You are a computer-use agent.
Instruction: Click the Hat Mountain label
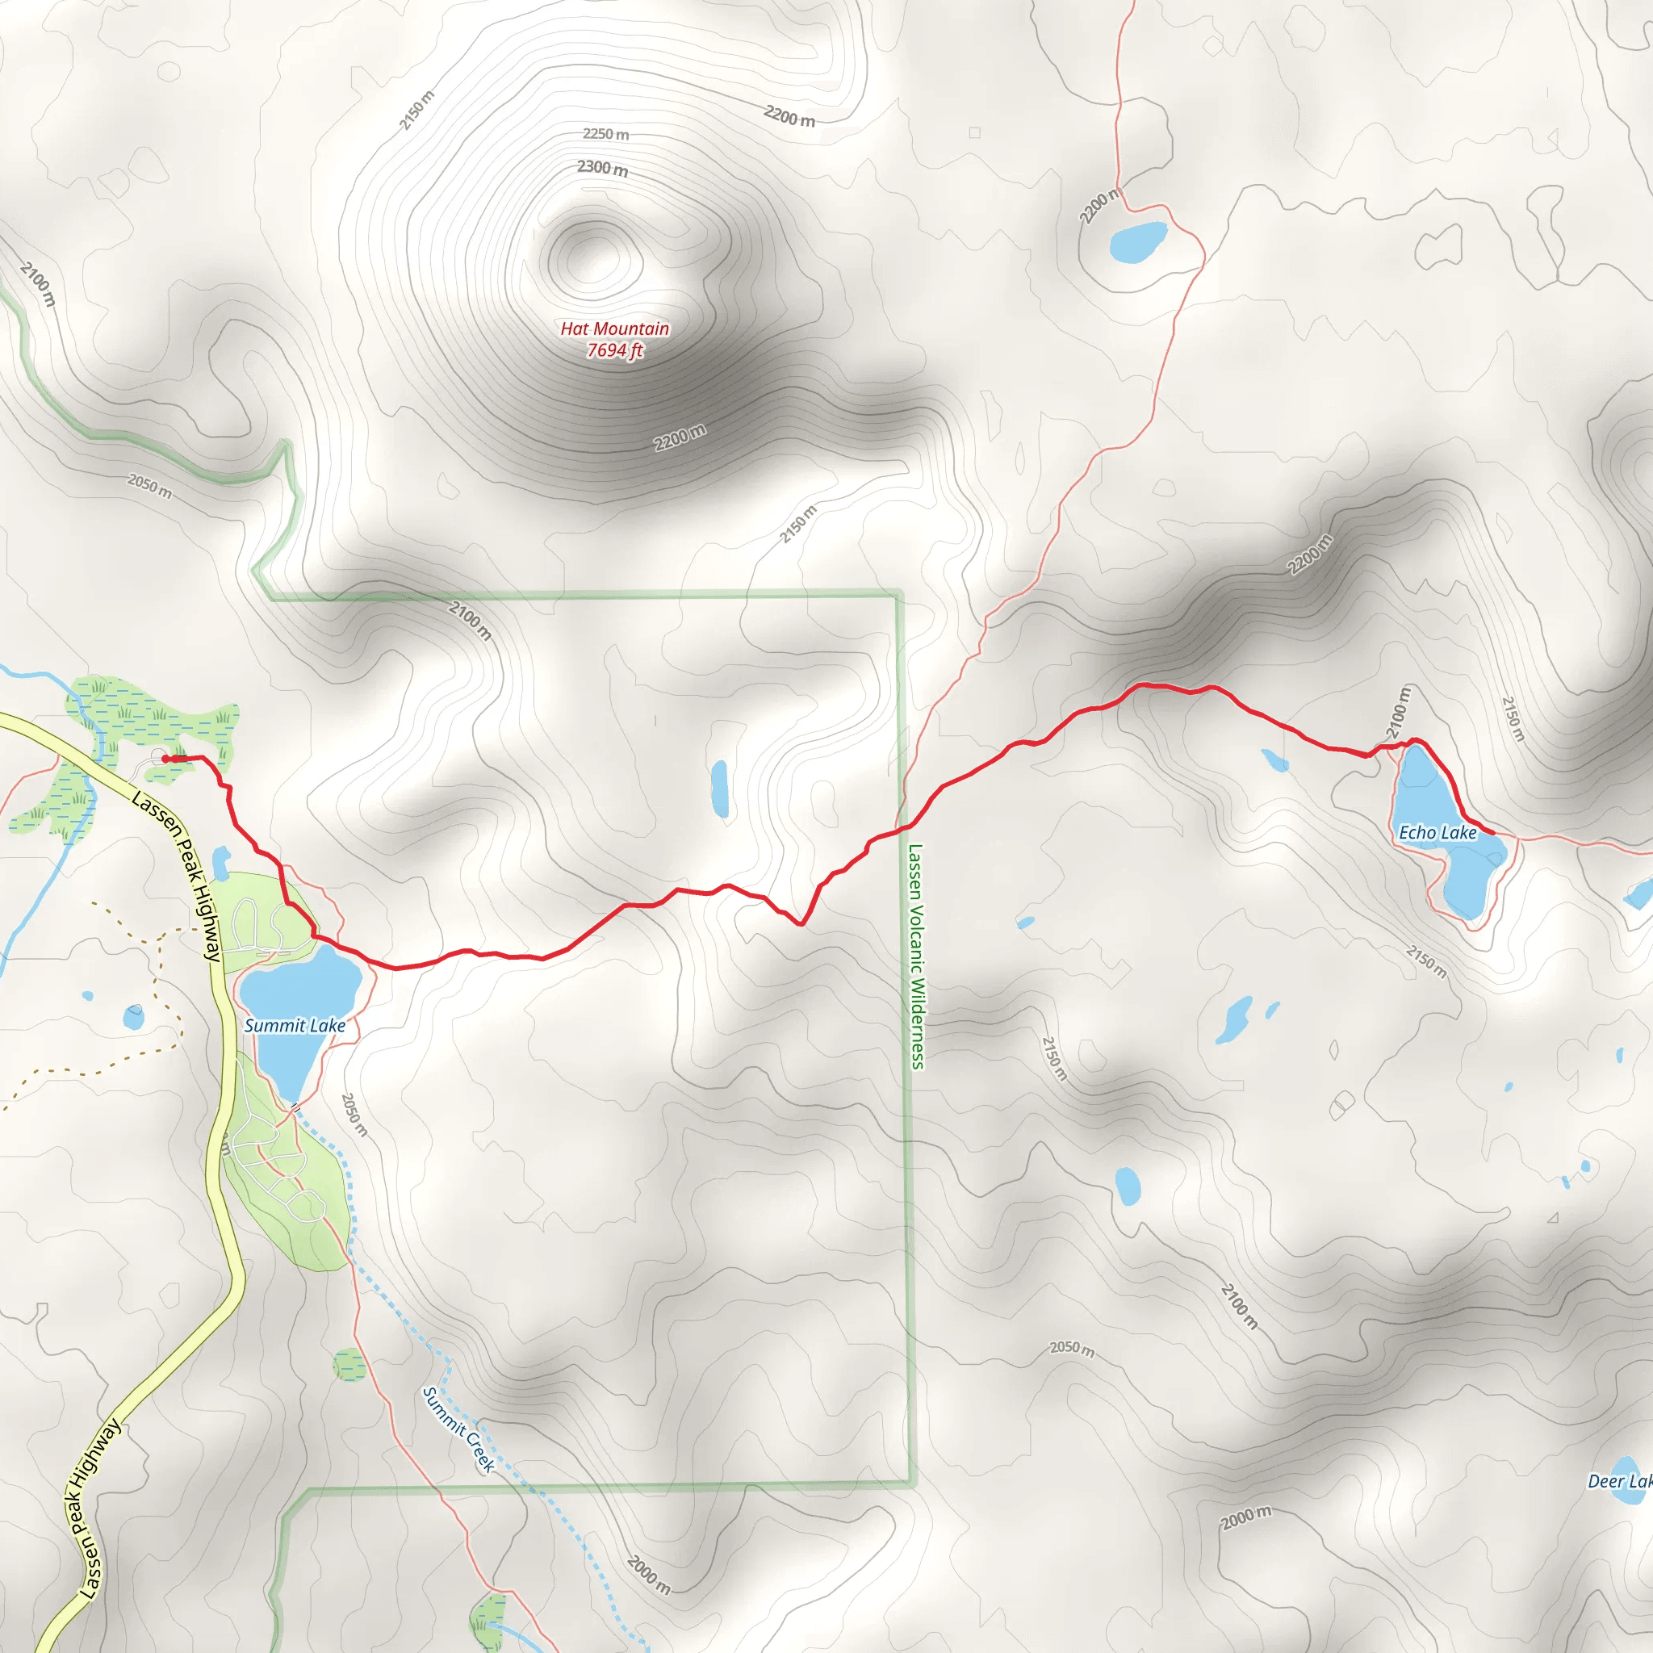pyautogui.click(x=614, y=329)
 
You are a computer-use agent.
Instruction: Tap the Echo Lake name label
pyautogui.click(x=1437, y=832)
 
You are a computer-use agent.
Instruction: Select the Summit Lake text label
pyautogui.click(x=295, y=1025)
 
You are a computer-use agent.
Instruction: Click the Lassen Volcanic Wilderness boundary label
pyautogui.click(x=916, y=956)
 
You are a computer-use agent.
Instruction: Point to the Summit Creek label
pyautogui.click(x=458, y=1429)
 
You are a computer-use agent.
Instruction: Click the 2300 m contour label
pyautogui.click(x=602, y=169)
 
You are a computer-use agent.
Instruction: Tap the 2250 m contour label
pyautogui.click(x=606, y=134)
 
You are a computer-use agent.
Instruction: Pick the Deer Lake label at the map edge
pyautogui.click(x=1620, y=1481)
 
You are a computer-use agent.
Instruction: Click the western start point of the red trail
pyautogui.click(x=165, y=758)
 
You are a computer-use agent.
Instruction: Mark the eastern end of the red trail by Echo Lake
pyautogui.click(x=1492, y=831)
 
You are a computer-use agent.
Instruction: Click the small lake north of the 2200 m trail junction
pyautogui.click(x=1138, y=241)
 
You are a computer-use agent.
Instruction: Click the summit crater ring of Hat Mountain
pyautogui.click(x=596, y=254)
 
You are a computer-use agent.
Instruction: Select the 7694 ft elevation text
pyautogui.click(x=614, y=350)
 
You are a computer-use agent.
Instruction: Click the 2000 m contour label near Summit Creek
pyautogui.click(x=649, y=1576)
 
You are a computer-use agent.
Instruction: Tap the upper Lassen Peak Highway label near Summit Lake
pyautogui.click(x=176, y=875)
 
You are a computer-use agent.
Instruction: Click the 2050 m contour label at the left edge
pyautogui.click(x=150, y=486)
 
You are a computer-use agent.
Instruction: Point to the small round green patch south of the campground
pyautogui.click(x=349, y=1365)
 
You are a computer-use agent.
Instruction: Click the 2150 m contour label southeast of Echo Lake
pyautogui.click(x=1426, y=960)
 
